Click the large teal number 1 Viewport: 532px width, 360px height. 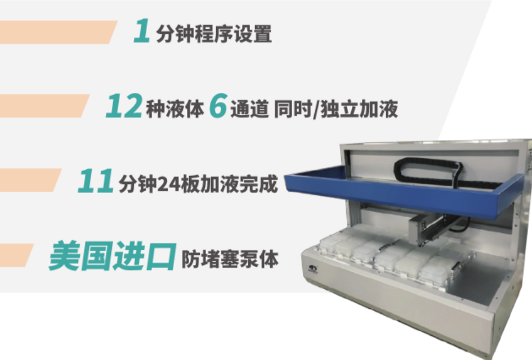tap(142, 31)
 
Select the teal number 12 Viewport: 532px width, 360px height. tap(124, 106)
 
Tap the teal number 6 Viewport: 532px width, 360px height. tap(218, 106)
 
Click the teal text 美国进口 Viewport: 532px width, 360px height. tap(113, 255)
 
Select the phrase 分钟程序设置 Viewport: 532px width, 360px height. tap(214, 34)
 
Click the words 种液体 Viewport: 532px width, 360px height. tap(175, 109)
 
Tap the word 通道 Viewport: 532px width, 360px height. tap(250, 109)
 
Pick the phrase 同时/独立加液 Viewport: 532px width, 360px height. tap(336, 109)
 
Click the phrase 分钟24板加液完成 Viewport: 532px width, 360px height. tap(198, 183)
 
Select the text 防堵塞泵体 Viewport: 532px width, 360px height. tap(230, 259)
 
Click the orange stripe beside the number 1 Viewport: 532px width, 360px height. tap(57, 32)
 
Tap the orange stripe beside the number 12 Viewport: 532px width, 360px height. tap(43, 106)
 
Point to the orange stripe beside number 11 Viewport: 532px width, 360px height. tap(30, 180)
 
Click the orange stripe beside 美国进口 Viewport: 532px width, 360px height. tap(16, 255)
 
